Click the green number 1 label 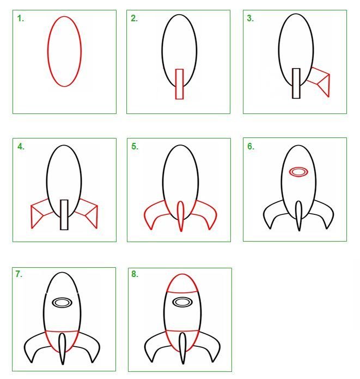[20, 19]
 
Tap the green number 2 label [134, 19]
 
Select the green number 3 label [251, 19]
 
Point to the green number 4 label [21, 147]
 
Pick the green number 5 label [135, 147]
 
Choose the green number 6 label [251, 147]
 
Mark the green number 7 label [19, 274]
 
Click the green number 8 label [135, 274]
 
